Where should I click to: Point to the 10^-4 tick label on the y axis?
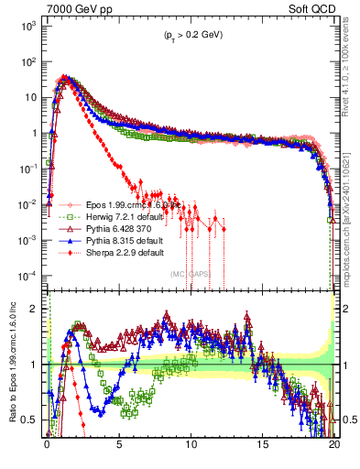(x=28, y=276)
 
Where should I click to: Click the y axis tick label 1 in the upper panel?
(x=37, y=133)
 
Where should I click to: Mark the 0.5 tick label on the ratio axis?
(x=32, y=420)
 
